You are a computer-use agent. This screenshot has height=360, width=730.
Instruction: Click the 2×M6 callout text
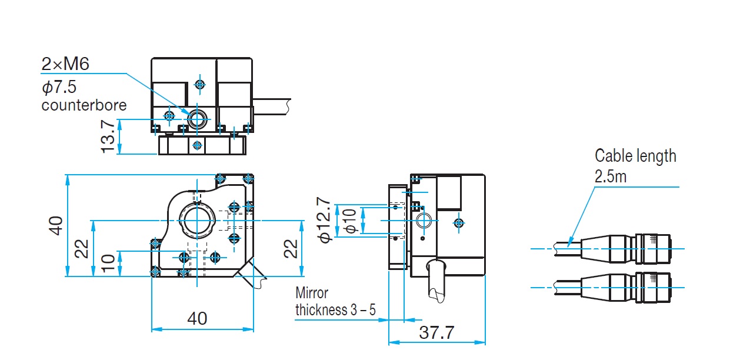(65, 64)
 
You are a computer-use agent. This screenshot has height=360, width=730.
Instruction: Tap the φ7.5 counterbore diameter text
(60, 87)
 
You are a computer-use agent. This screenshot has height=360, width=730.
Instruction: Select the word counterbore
(84, 105)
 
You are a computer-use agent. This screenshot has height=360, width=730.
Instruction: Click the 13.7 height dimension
(108, 137)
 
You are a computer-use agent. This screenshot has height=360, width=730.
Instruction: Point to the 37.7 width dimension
(437, 332)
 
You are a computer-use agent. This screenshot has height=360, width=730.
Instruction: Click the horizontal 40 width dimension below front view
(197, 318)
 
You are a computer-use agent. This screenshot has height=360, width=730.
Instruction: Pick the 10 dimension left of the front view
(107, 263)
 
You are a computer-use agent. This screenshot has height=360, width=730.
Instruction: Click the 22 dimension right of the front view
(291, 248)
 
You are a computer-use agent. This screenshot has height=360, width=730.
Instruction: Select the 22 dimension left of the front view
(81, 248)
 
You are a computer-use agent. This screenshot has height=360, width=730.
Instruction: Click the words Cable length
(635, 156)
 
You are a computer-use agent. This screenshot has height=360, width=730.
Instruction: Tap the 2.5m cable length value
(611, 176)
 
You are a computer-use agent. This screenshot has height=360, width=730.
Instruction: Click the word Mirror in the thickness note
(312, 292)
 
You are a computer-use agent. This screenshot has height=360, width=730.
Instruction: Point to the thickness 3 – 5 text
(335, 309)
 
